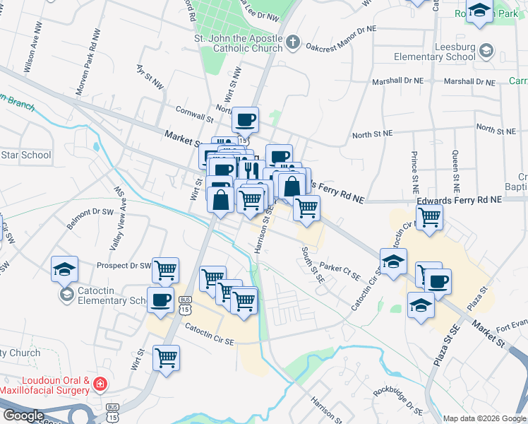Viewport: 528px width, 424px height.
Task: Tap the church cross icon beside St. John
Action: click(x=294, y=42)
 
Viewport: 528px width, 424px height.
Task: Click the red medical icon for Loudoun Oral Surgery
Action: click(x=101, y=384)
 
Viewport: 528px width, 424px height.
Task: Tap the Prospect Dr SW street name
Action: click(x=124, y=266)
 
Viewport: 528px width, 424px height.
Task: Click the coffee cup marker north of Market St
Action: click(x=245, y=121)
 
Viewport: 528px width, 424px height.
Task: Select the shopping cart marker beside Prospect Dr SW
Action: click(x=165, y=269)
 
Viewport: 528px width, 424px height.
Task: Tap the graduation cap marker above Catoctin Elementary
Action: click(x=64, y=269)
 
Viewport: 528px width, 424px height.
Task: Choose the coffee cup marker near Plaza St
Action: click(x=438, y=282)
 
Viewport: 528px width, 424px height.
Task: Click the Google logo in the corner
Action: click(x=23, y=415)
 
